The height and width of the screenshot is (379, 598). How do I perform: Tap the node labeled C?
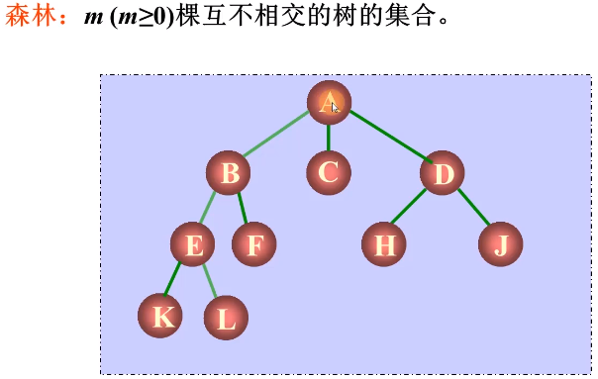[x=328, y=173]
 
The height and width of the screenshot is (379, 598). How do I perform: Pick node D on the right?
[x=442, y=173]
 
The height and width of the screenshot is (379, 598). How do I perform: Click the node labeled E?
[x=193, y=244]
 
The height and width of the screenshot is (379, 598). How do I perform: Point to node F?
[x=254, y=244]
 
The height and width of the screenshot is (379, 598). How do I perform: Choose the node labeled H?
[x=384, y=244]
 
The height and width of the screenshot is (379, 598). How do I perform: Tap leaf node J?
[x=500, y=244]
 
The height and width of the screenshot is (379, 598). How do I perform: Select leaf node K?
[x=160, y=317]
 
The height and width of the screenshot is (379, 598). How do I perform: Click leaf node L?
[x=226, y=318]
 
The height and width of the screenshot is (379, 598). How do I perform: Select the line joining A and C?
[x=328, y=137]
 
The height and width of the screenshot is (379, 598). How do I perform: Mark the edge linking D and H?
[x=409, y=207]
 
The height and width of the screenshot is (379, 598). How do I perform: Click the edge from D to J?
[x=473, y=207]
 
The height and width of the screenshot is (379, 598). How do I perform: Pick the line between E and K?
[x=173, y=280]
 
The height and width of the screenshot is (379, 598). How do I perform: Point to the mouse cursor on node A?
[x=336, y=106]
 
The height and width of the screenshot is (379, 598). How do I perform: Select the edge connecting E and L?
[x=211, y=281]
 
